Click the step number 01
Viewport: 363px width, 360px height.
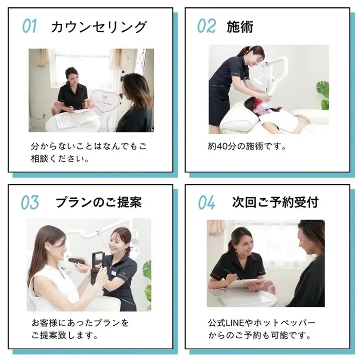point(29,26)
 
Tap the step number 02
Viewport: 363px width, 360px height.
point(206,26)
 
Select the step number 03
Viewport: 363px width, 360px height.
point(30,202)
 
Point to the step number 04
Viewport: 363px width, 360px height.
point(206,203)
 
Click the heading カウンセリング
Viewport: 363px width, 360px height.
point(99,27)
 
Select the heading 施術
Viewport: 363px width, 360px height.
point(240,27)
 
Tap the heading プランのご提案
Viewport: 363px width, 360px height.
point(98,202)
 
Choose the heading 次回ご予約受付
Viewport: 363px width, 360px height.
point(275,202)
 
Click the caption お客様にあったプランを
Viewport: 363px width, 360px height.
point(80,323)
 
